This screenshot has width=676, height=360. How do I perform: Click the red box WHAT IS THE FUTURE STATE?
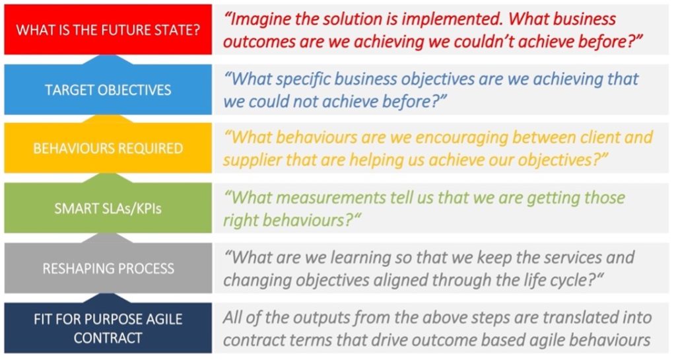click(x=108, y=29)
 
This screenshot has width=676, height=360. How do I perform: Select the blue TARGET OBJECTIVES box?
click(x=108, y=89)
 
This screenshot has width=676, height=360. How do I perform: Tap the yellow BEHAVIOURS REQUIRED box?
click(x=108, y=148)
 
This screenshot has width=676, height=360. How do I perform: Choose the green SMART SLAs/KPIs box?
click(x=108, y=208)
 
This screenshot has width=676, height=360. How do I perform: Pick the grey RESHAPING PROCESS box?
click(x=108, y=268)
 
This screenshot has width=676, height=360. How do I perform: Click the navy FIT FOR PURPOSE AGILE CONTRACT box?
click(x=108, y=328)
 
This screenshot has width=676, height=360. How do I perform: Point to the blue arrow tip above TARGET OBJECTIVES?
click(x=108, y=56)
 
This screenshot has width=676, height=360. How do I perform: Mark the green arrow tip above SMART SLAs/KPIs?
click(x=108, y=174)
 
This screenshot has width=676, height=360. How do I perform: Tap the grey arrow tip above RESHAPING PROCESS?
click(x=108, y=234)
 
